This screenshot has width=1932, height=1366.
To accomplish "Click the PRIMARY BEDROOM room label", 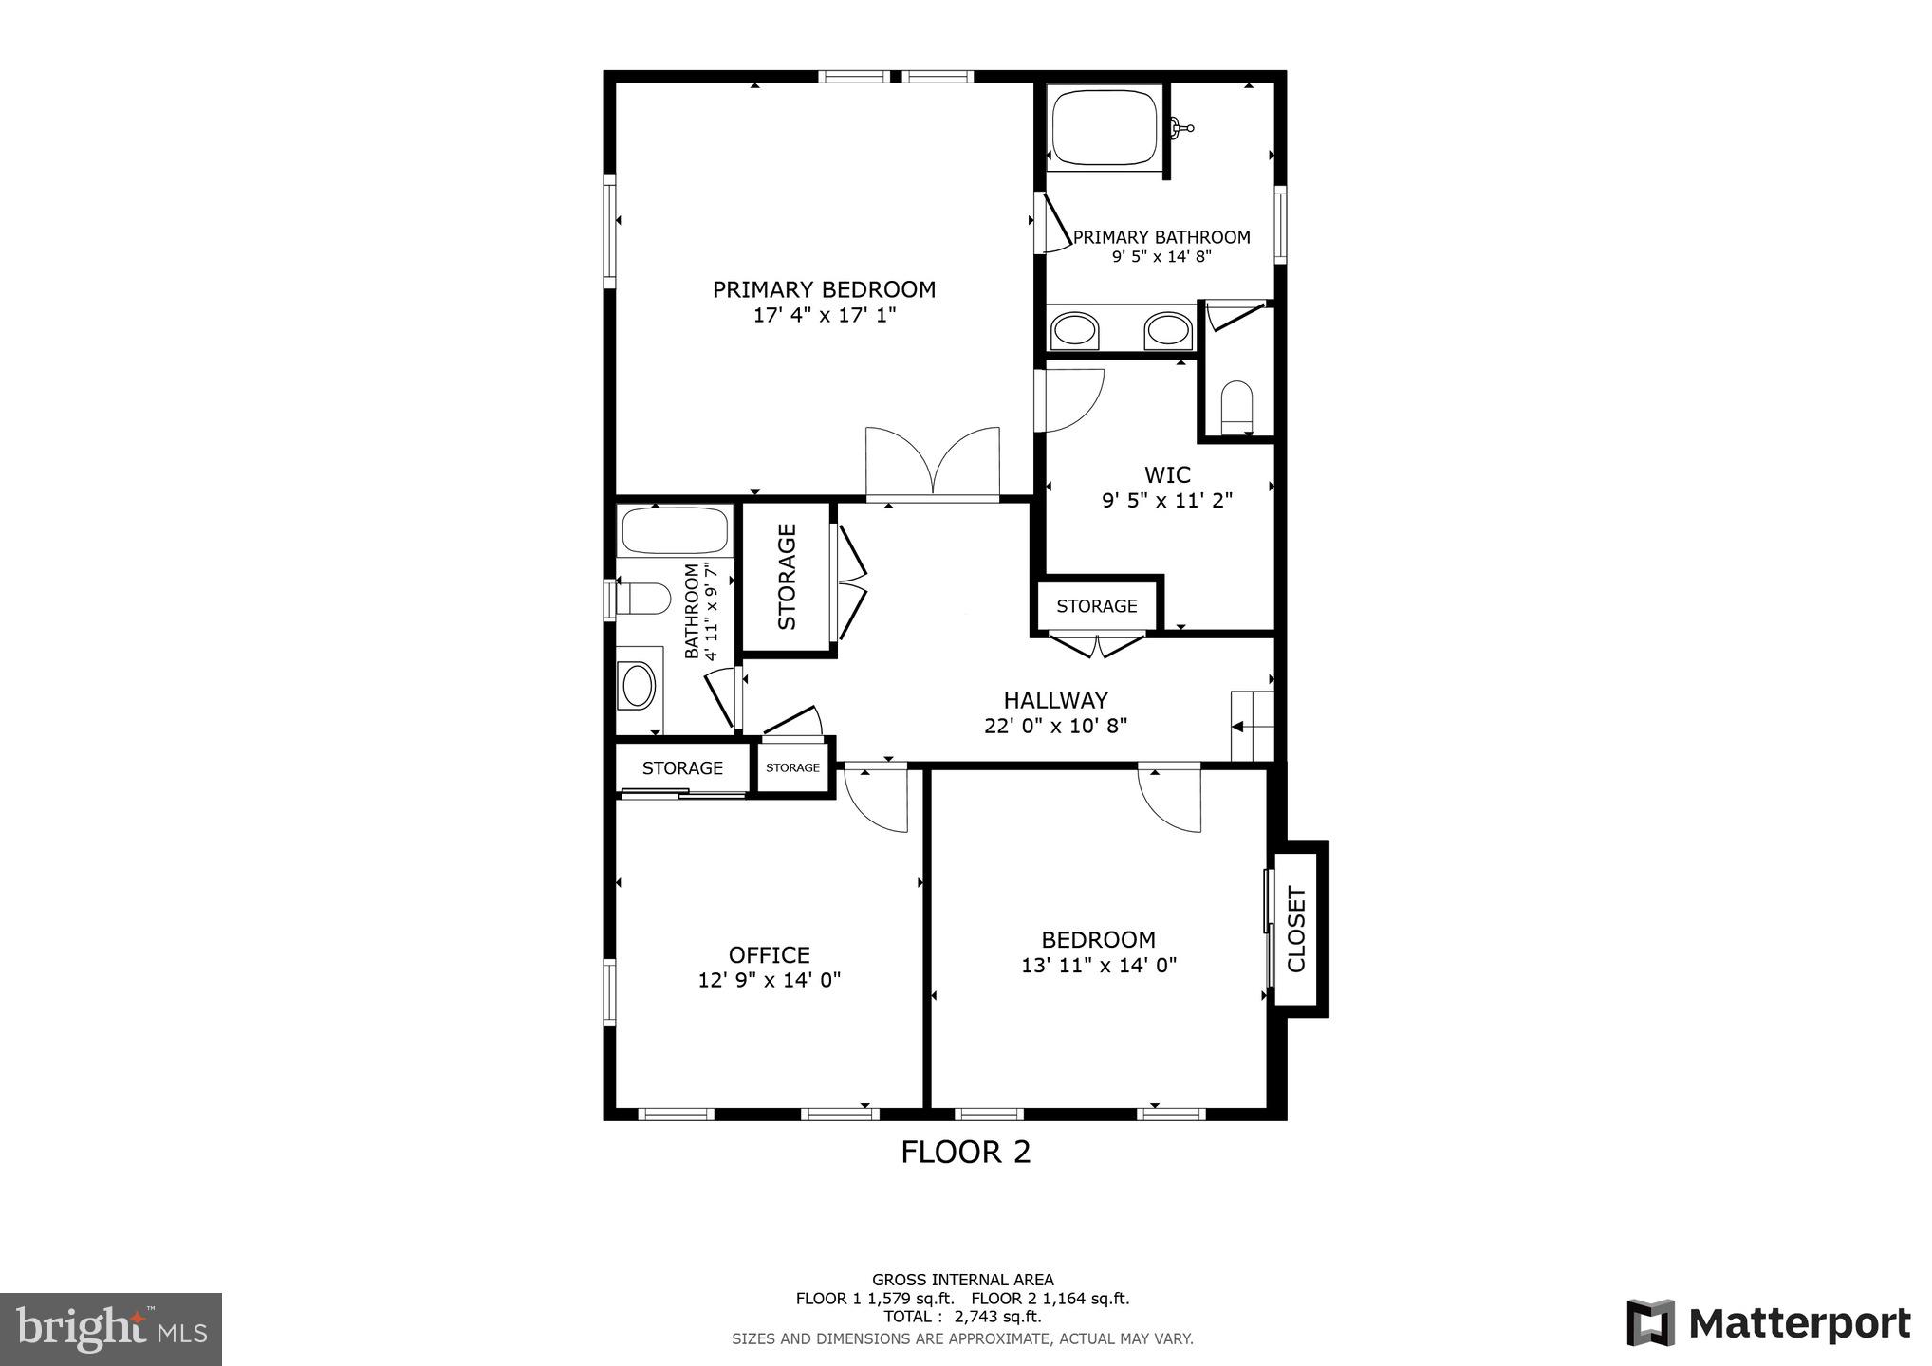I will pos(824,289).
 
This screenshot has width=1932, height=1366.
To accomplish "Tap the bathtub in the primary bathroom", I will pos(1103,127).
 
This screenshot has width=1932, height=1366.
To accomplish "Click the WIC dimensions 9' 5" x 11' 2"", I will pos(1166,500).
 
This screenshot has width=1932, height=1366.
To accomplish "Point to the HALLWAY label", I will pos(1055,700).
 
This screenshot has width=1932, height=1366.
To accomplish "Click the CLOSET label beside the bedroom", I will pos(1296,929).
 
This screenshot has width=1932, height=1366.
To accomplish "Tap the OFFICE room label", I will pos(769,954).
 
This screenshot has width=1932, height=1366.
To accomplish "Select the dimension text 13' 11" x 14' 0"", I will pos(1098,965).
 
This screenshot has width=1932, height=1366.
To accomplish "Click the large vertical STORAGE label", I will pos(787,577).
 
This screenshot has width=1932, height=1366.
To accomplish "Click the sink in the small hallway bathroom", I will pos(637,685).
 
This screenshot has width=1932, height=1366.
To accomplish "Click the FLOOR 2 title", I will pos(965,1152).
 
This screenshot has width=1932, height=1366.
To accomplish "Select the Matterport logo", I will pos(1768,1322).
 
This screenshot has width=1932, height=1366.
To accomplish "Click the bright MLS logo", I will pos(111,1329).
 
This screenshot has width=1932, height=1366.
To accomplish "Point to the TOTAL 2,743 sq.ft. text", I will pos(962,1317).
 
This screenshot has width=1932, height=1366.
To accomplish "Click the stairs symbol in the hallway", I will pos(1251,726).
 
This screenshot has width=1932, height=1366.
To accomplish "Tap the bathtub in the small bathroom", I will pos(674,530).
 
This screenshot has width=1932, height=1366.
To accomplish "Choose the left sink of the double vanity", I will pos(1074,331).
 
